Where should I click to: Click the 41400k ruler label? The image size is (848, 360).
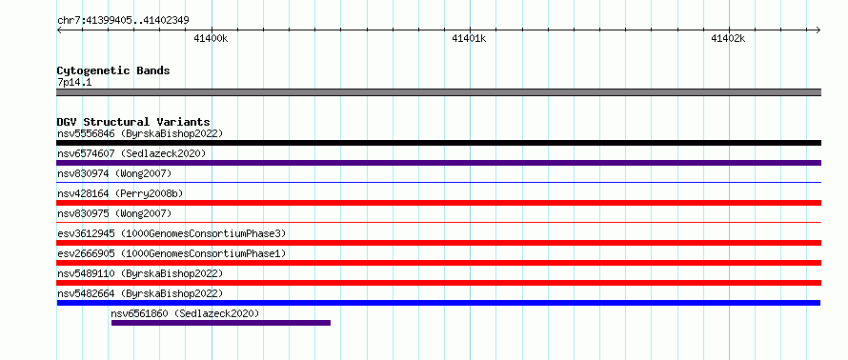click(x=211, y=38)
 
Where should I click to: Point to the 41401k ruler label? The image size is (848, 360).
click(x=469, y=38)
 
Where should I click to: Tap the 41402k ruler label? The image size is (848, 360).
click(x=728, y=38)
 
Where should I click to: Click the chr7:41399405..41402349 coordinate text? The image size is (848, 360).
click(x=123, y=21)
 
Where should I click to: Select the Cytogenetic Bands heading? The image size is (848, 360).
click(x=113, y=70)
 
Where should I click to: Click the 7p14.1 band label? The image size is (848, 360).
click(x=74, y=83)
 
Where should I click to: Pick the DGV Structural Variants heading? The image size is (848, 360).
click(x=133, y=122)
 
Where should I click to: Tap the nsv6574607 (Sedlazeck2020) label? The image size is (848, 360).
click(x=131, y=153)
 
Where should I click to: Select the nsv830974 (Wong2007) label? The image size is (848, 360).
click(x=114, y=173)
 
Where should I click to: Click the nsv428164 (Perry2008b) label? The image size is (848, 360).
click(x=123, y=193)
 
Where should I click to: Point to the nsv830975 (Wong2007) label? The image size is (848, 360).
click(x=114, y=213)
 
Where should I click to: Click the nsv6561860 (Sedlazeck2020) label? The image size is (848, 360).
click(x=185, y=313)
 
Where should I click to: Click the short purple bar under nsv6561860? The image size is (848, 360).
click(x=221, y=323)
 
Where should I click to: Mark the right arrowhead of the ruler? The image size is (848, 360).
click(x=818, y=30)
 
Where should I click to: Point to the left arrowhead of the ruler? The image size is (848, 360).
click(x=59, y=30)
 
